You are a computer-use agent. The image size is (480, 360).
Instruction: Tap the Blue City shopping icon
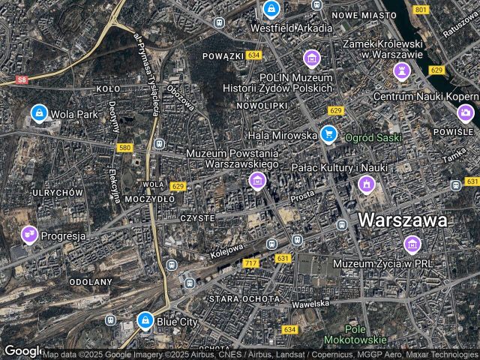145,321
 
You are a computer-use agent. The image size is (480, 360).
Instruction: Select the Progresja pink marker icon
29,235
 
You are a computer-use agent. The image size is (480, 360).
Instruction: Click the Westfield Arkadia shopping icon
271,10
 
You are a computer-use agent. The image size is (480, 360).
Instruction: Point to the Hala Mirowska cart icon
328,134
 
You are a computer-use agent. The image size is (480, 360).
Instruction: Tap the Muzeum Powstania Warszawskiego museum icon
257,180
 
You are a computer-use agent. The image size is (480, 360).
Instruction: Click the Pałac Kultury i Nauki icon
366,183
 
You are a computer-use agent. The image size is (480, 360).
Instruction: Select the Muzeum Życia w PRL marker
412,244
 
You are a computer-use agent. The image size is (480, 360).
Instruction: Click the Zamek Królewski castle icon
402,71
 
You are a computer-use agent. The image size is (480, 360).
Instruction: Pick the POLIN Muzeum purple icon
311,58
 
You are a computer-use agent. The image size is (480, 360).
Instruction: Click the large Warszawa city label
403,220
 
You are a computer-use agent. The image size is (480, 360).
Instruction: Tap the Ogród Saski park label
373,138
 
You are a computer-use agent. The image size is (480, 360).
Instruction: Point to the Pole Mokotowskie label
355,335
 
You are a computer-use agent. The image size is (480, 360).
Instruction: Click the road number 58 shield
22,79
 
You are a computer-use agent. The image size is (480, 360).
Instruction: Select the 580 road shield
124,148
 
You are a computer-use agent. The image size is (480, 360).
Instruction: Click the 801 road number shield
421,9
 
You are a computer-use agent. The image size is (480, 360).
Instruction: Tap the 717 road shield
250,263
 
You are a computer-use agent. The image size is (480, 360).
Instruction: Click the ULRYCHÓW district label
57,193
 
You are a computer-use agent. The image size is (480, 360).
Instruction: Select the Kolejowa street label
227,247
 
